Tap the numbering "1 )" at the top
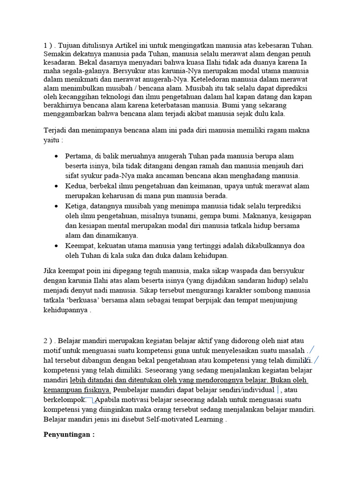point(48,45)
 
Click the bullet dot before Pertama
point(57,156)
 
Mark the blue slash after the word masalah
point(312,351)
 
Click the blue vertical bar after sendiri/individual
point(278,390)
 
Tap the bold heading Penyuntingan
point(69,434)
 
